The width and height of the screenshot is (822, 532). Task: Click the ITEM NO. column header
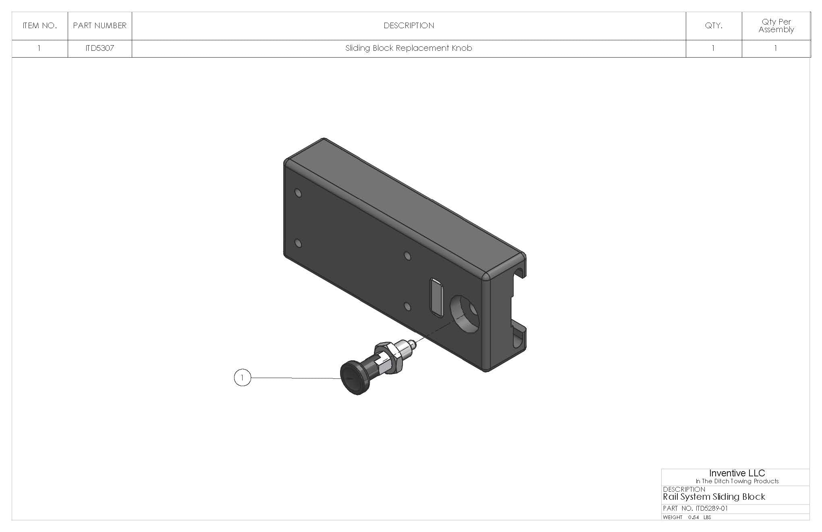39,26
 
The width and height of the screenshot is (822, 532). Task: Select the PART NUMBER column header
100,26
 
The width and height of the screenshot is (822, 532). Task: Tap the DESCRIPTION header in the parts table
409,26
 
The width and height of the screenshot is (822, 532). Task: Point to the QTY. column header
713,26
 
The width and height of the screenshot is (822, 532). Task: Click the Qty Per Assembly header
776,26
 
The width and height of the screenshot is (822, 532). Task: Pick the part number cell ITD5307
100,48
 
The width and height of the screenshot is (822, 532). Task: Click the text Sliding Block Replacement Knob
409,48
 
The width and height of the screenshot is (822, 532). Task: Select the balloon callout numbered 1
242,378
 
